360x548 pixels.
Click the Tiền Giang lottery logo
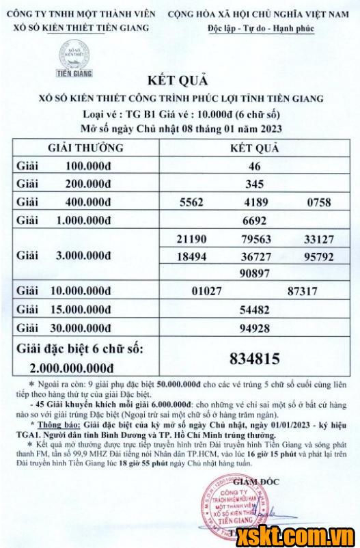[74, 58]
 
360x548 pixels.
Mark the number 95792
[320, 257]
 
